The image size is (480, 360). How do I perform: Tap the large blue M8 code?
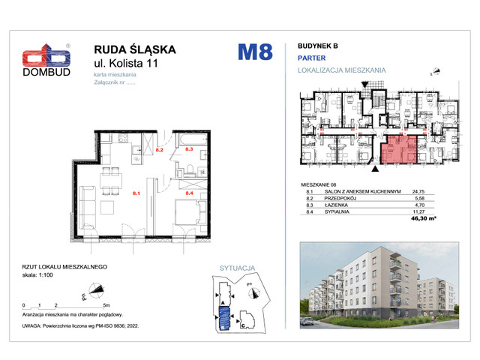(255, 52)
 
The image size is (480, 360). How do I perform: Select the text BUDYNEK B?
(319, 44)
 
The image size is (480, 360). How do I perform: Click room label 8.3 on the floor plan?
(189, 150)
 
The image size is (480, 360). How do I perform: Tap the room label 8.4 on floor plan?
(189, 193)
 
